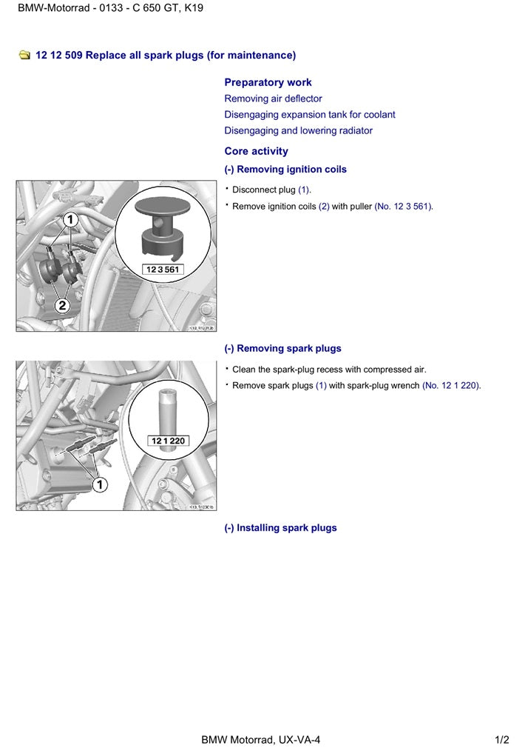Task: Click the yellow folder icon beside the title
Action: point(25,56)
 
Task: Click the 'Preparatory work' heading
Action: point(268,82)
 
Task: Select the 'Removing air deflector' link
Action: point(273,98)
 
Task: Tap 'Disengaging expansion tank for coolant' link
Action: point(309,115)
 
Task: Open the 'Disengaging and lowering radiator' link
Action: point(298,131)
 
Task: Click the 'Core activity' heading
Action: point(256,151)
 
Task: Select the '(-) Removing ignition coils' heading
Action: point(285,170)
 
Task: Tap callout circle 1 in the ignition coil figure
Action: point(70,219)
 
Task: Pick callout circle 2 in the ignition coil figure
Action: point(63,305)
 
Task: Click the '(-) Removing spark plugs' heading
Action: point(282,349)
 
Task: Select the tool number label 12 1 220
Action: point(169,441)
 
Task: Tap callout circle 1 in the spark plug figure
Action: point(99,484)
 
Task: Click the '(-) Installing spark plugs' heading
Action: point(280,528)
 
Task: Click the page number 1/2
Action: point(502,739)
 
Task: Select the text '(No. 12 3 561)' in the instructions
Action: point(404,207)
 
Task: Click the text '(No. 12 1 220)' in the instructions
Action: point(451,386)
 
